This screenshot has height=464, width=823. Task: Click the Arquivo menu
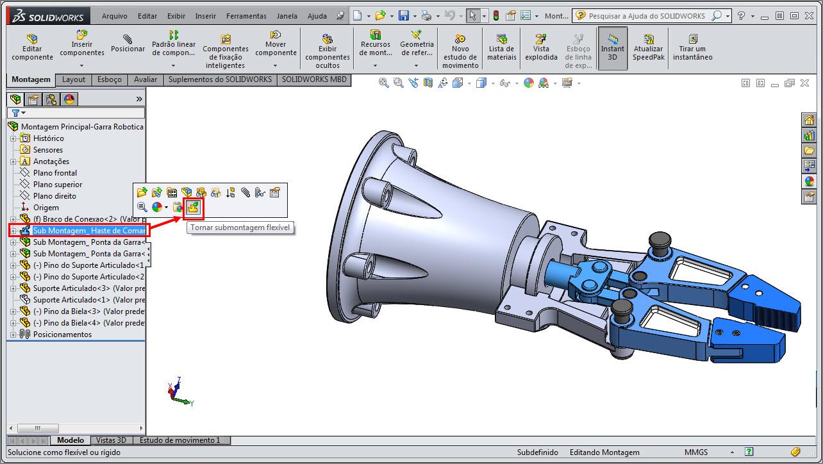click(x=115, y=16)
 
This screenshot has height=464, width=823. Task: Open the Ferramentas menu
click(x=246, y=16)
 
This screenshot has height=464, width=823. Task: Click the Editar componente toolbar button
click(x=32, y=47)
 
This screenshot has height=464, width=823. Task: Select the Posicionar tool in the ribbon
click(x=128, y=44)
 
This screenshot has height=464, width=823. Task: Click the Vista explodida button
click(x=541, y=47)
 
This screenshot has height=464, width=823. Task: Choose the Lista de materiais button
click(x=501, y=47)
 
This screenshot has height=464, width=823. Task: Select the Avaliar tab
click(x=145, y=79)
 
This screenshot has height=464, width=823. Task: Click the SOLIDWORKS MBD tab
click(x=314, y=79)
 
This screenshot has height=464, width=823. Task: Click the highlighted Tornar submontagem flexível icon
click(x=193, y=207)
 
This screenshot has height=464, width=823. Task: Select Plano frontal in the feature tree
click(x=55, y=173)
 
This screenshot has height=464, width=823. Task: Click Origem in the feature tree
click(x=46, y=208)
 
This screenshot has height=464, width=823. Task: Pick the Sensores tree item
click(x=48, y=150)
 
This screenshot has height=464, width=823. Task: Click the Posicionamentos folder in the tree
click(x=62, y=335)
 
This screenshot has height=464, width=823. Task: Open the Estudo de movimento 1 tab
click(x=179, y=440)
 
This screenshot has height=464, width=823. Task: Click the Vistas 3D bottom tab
click(x=112, y=440)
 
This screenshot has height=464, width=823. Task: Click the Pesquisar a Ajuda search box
click(x=647, y=16)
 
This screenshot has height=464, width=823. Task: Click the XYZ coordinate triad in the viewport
click(x=179, y=390)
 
